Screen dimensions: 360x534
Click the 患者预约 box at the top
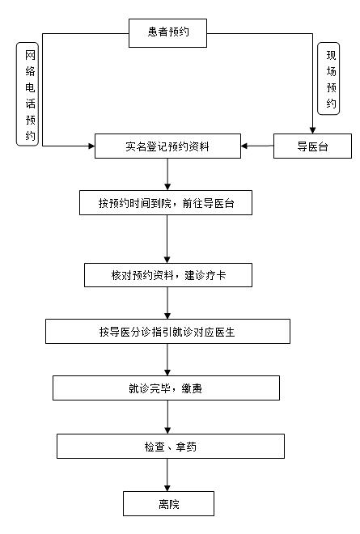(167, 33)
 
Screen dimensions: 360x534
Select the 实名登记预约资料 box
(167, 146)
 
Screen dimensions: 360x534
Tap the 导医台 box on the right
(312, 146)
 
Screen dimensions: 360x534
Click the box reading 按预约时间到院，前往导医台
(166, 202)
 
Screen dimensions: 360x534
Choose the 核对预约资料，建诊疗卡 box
(168, 275)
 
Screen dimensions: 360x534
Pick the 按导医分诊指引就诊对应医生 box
(167, 332)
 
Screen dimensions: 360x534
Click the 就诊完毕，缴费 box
(166, 388)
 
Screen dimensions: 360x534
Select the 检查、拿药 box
(171, 446)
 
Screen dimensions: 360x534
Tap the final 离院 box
(168, 504)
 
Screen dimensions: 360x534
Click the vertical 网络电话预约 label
(28, 95)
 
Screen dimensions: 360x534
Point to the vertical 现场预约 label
(328, 78)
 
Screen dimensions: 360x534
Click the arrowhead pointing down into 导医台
(312, 130)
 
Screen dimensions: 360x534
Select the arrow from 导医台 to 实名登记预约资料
(257, 146)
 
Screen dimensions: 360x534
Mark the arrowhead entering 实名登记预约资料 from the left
(91, 146)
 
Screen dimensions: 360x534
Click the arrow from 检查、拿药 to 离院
(167, 475)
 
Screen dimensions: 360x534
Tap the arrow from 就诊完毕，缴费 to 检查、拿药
(167, 417)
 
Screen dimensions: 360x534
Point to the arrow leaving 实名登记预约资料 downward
(167, 175)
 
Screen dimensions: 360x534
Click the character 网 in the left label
(30, 55)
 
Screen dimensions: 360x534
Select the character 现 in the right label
(331, 55)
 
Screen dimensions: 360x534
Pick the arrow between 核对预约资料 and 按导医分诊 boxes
(167, 303)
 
